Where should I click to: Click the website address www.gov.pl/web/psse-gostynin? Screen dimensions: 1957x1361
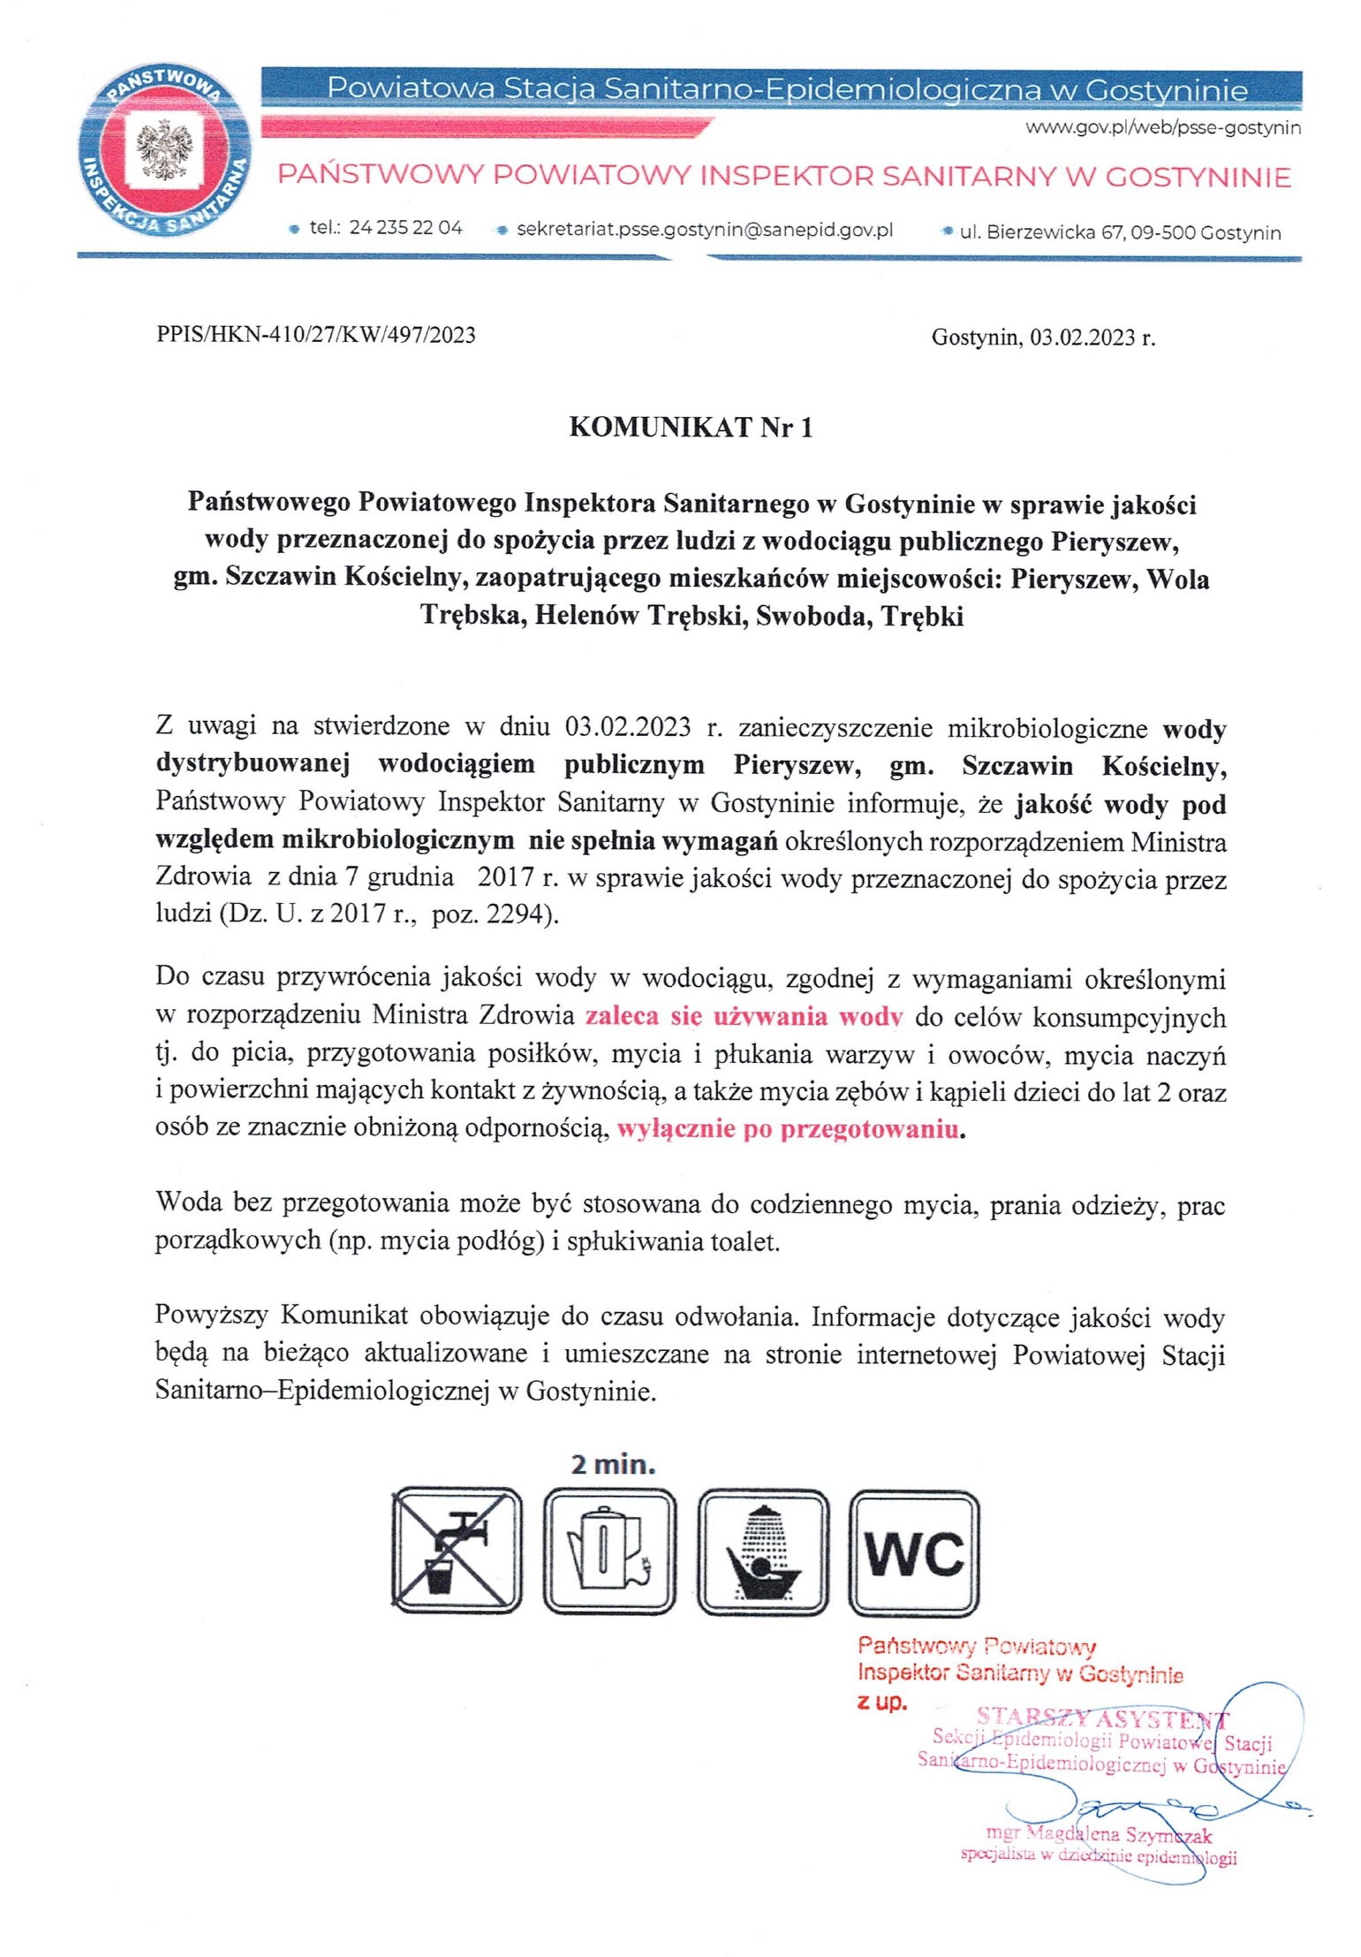[1162, 128]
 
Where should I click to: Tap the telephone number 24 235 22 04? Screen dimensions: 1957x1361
[405, 228]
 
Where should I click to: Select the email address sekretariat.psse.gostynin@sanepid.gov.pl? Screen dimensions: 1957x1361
[704, 230]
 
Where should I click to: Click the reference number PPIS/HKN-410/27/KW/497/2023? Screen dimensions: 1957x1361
[315, 335]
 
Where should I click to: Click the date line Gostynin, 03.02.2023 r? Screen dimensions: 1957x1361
[1042, 338]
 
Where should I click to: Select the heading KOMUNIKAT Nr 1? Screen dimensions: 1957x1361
[691, 428]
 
